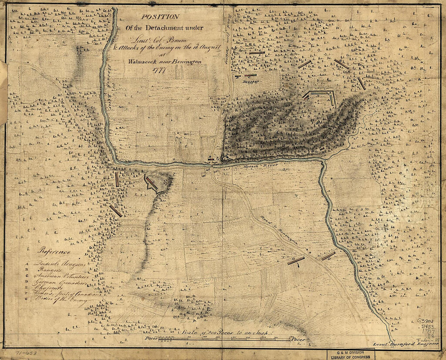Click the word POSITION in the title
[160, 17]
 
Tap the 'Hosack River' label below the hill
[254, 166]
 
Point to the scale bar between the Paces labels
[223, 339]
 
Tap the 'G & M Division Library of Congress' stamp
[351, 355]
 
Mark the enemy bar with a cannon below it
[296, 261]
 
